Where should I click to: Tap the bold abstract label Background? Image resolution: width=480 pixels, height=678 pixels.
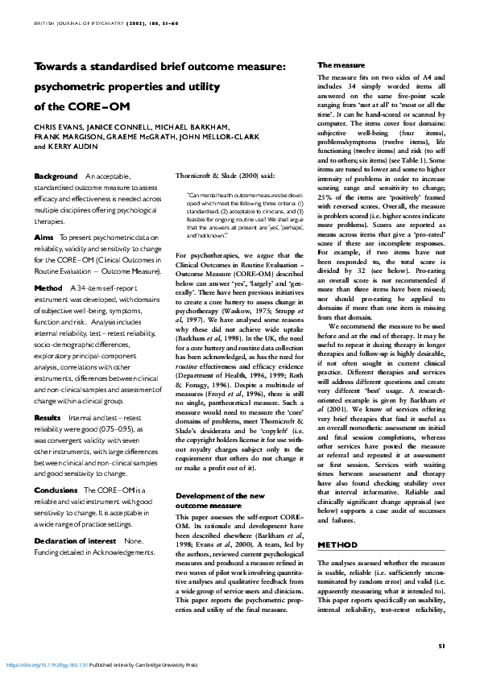[56, 176]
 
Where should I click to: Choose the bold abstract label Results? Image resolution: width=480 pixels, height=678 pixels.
[49, 395]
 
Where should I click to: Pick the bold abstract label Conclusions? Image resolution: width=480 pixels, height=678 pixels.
[56, 467]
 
